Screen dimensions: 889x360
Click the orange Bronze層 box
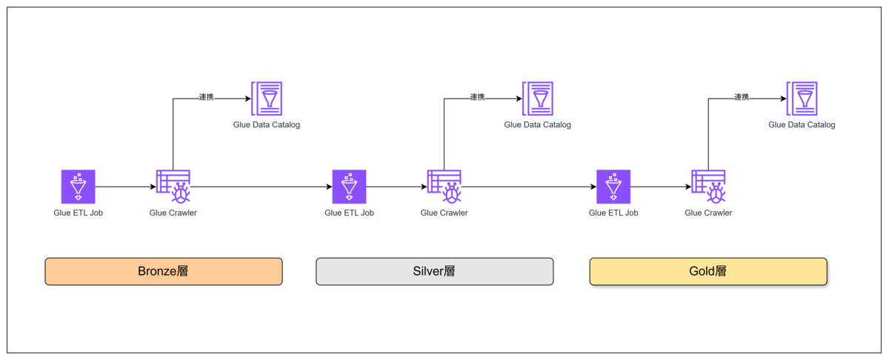click(164, 272)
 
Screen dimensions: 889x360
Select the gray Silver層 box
click(435, 272)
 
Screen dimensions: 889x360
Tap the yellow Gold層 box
click(708, 272)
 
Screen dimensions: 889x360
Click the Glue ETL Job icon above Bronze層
click(79, 187)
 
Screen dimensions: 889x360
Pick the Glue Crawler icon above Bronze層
click(173, 187)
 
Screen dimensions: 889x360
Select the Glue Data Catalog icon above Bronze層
click(267, 99)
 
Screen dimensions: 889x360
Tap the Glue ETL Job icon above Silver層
click(349, 187)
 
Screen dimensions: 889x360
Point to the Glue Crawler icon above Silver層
click(444, 187)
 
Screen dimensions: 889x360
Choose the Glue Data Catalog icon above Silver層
click(538, 99)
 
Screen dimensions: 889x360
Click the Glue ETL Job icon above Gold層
click(613, 187)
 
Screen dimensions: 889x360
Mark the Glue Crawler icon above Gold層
click(708, 187)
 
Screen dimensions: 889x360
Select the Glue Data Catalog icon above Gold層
click(802, 99)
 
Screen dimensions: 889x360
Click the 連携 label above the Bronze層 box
click(207, 97)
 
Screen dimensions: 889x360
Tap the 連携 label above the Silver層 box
click(477, 97)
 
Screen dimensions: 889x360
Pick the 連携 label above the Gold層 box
click(742, 97)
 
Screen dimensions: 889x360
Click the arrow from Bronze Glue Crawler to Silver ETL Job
click(261, 187)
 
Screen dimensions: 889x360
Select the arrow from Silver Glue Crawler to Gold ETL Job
click(529, 187)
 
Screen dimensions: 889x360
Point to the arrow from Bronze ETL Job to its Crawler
click(126, 187)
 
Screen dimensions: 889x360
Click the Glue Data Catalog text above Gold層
click(802, 124)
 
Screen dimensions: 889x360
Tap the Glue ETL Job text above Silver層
click(349, 213)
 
